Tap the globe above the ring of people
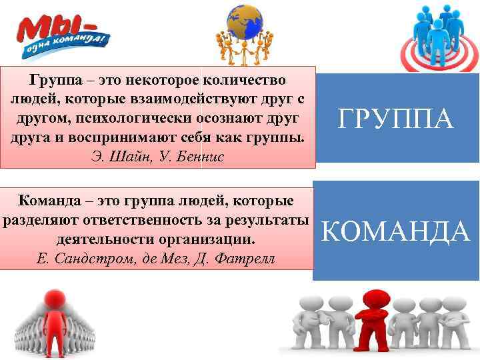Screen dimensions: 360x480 [245, 21]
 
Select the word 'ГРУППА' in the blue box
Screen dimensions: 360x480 [396, 120]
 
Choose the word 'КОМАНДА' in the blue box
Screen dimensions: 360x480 [396, 230]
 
